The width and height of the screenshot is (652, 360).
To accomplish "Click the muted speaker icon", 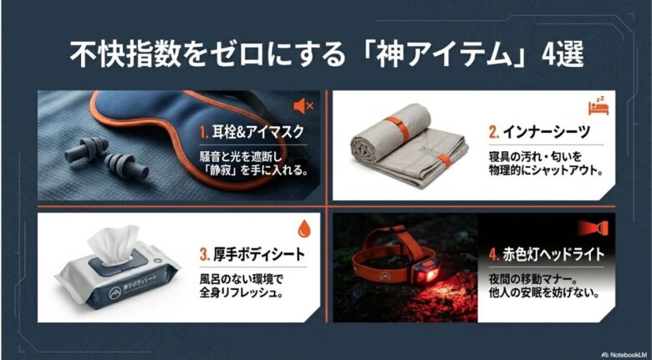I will pos(303,106).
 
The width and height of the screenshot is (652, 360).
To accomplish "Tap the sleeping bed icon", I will pos(597,106).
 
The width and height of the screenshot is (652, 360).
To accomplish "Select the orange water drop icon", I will pos(303,228).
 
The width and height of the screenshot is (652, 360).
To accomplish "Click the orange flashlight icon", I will pos(598,227).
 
